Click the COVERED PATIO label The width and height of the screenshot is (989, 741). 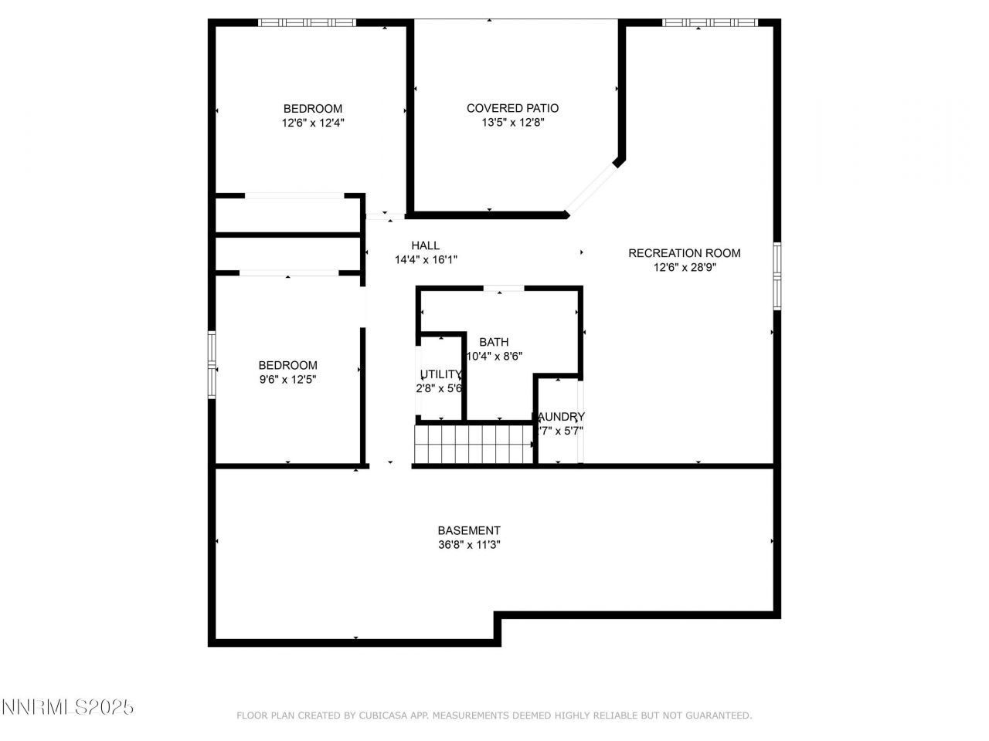(x=512, y=108)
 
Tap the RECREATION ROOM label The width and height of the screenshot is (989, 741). (x=684, y=253)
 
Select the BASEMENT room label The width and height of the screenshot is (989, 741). (x=469, y=530)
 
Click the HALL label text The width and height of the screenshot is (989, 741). (x=425, y=245)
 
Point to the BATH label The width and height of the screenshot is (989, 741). (x=494, y=342)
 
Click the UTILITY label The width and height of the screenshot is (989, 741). (x=440, y=374)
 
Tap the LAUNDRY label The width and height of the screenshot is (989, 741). (x=559, y=417)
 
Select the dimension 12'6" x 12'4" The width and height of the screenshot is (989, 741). (x=312, y=122)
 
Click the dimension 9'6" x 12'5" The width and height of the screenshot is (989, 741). (x=287, y=379)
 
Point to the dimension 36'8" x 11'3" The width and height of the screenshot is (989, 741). (x=469, y=544)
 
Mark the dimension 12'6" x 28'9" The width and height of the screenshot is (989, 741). (x=684, y=267)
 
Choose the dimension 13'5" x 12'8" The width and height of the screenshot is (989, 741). (x=512, y=122)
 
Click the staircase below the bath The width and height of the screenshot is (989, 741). (x=474, y=446)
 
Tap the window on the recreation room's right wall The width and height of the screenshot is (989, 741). (x=777, y=276)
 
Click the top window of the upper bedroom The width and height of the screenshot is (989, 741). (x=307, y=23)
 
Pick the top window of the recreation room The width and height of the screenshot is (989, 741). (x=709, y=23)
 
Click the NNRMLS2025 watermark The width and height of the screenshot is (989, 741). (x=67, y=707)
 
